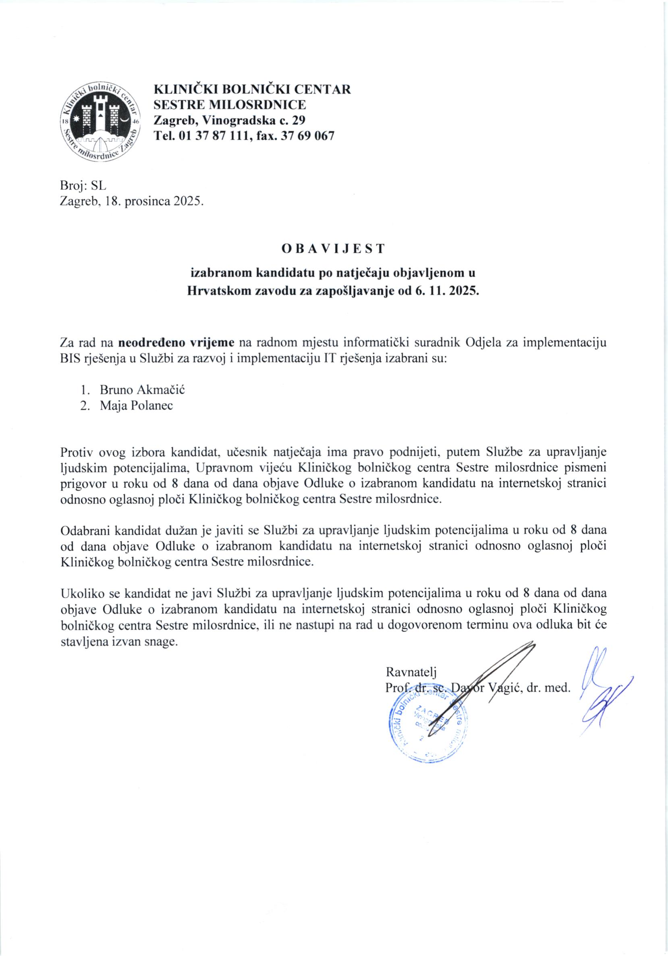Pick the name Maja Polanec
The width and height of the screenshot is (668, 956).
(136, 405)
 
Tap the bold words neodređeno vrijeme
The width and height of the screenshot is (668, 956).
(177, 343)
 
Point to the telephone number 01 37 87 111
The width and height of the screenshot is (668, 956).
(214, 135)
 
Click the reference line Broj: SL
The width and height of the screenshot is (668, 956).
(84, 186)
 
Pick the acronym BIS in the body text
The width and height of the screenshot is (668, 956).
(72, 359)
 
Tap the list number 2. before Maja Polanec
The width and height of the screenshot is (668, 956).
(85, 405)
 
